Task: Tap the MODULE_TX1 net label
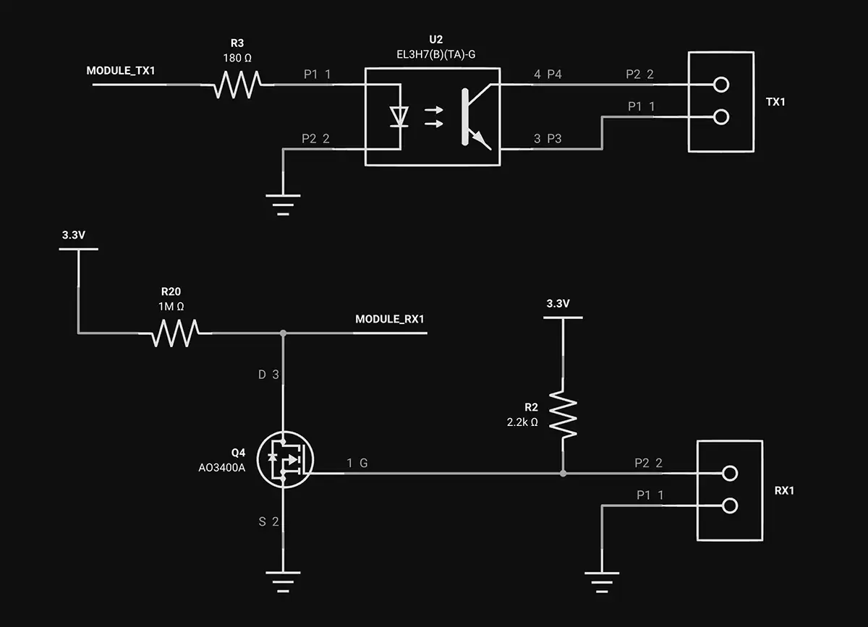[121, 71]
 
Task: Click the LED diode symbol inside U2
[398, 116]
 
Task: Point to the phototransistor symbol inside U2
[474, 116]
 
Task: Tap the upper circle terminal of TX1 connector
[720, 85]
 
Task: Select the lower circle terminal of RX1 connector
[729, 506]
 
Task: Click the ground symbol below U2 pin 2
[283, 202]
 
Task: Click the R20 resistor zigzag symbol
[176, 333]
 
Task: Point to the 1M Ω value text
[171, 306]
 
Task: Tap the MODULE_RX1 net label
[389, 319]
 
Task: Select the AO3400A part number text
[222, 467]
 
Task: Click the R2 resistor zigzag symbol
[563, 414]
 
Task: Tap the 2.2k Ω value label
[522, 422]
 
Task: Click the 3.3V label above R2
[558, 304]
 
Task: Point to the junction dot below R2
[563, 474]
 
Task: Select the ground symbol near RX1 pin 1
[602, 579]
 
